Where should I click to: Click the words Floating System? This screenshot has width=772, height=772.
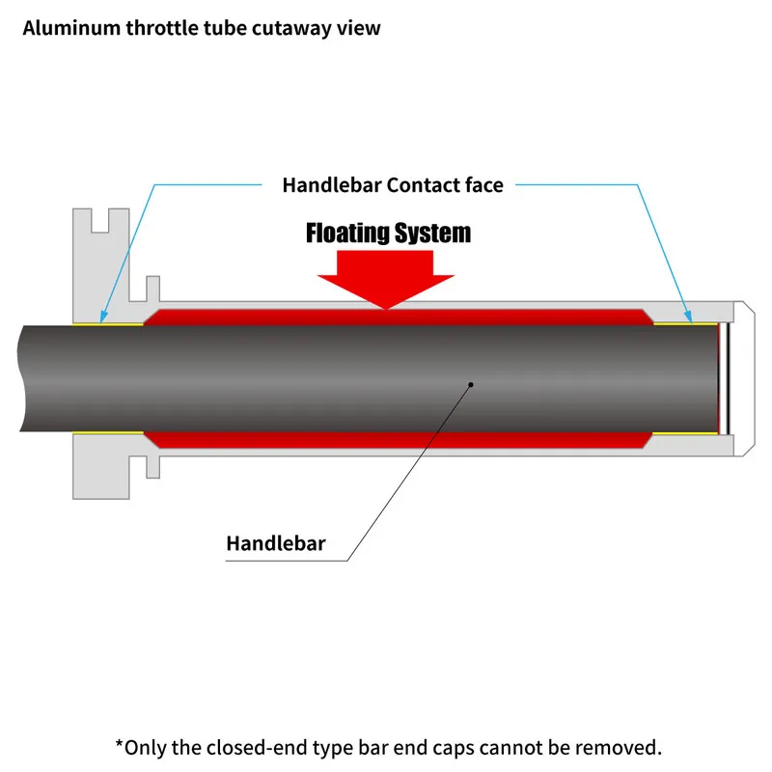388,233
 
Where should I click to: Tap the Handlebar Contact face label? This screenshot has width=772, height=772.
393,184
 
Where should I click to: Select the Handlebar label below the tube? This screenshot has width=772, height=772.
276,543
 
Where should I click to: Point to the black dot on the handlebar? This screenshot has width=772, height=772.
471,383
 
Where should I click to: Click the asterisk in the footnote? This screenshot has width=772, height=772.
120,746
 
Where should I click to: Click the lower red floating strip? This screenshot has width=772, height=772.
396,440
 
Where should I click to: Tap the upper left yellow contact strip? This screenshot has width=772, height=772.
108,322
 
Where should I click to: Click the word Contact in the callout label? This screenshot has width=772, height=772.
422,184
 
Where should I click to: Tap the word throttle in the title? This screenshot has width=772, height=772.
162,28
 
